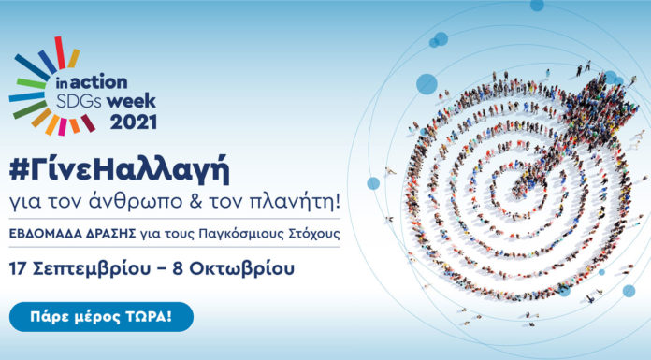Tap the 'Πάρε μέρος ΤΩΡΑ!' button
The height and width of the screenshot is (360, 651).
point(101,317)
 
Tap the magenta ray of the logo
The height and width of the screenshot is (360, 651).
point(88,122)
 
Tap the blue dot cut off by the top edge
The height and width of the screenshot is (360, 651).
point(536,5)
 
